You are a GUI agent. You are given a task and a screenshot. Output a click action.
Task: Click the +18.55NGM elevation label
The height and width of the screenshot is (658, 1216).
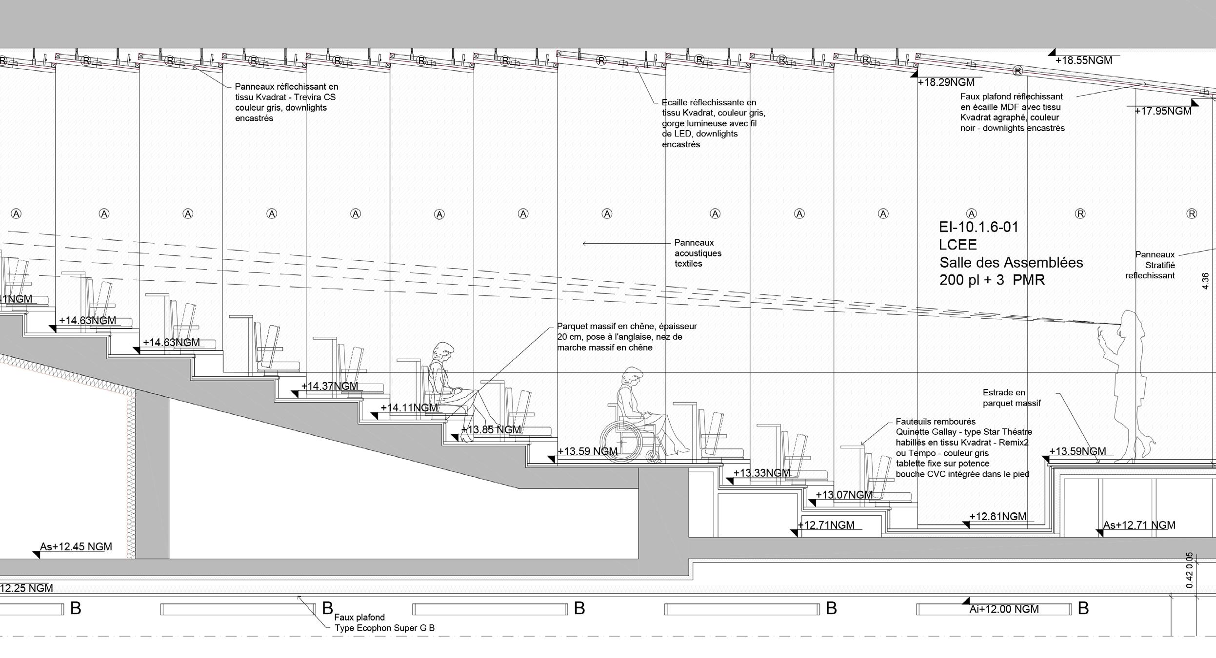pos(1083,60)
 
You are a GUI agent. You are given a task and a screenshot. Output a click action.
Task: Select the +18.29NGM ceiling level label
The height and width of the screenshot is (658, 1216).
pos(946,82)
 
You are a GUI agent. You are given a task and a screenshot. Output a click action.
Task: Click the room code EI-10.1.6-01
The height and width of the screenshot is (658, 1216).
pos(978,227)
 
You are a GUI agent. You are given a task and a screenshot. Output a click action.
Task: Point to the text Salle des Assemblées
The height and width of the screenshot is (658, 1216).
pos(1011,263)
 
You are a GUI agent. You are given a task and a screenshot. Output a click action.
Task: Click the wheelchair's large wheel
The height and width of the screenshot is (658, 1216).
pos(621,442)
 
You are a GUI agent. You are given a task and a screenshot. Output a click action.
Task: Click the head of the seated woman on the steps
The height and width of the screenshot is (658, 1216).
pos(443,350)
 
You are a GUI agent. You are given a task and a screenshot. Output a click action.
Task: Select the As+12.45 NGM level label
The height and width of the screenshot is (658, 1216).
pos(76,546)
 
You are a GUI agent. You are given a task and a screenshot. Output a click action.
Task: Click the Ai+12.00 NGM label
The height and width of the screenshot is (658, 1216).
pos(1004,609)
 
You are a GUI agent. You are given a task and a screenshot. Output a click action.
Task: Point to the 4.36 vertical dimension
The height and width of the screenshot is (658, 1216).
pos(1205,281)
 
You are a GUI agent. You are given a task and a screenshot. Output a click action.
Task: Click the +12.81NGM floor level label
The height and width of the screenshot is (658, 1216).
pos(997,516)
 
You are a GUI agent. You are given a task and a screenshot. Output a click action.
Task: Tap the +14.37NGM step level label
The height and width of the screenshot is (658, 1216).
pos(329,386)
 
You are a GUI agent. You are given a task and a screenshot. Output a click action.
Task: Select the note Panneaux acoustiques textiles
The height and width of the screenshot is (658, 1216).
pos(698,253)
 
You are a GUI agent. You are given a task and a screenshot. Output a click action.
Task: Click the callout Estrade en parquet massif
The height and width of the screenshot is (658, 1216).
pos(1011,398)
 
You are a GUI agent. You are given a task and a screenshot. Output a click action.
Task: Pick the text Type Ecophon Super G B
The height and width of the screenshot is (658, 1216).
pos(384,628)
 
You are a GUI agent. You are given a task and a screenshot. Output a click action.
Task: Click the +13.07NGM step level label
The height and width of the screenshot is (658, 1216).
pos(844,495)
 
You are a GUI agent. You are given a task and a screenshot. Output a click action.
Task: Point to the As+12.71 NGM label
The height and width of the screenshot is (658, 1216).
pos(1139,525)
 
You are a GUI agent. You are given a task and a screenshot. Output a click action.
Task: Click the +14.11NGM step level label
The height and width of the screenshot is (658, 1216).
pos(409,407)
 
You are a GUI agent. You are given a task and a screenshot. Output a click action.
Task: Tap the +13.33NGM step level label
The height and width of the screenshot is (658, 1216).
pos(761,473)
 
